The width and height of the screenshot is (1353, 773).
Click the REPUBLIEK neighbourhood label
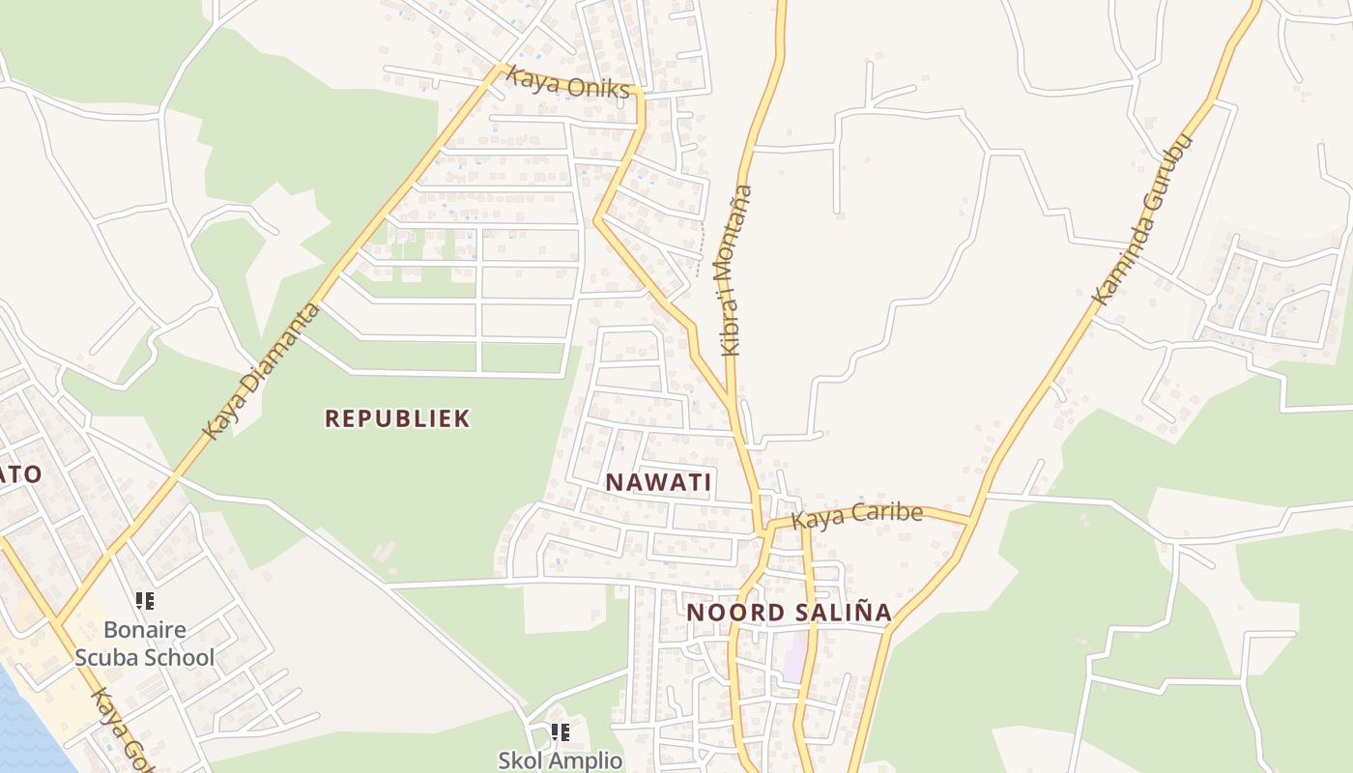[397, 418]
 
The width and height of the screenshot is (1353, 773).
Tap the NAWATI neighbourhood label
[658, 482]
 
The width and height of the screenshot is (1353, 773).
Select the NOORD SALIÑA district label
[789, 613]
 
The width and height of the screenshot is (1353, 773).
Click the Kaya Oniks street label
[568, 83]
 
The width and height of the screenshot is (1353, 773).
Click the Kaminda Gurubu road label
[1142, 220]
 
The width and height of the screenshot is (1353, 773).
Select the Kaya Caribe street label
[856, 515]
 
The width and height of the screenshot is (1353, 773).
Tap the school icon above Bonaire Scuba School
[145, 601]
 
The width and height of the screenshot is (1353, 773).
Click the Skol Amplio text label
[561, 760]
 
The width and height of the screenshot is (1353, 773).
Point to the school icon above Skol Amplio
[560, 732]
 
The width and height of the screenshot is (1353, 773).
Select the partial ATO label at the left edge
[21, 473]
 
